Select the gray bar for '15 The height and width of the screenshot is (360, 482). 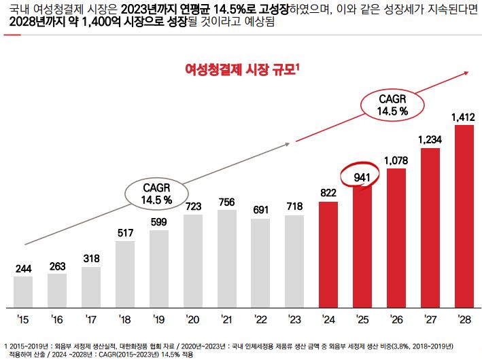(23, 291)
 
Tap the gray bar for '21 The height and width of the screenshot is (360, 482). (226, 258)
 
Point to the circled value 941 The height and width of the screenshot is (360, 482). (362, 178)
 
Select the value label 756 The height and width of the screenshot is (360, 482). (226, 202)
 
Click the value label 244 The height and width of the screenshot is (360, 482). (23, 268)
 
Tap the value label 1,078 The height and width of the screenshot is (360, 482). (396, 160)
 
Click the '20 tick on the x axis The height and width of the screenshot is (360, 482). (192, 319)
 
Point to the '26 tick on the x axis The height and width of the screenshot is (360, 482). (396, 319)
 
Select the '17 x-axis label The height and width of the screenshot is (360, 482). (90, 319)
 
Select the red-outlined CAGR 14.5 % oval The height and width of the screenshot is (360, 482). (392, 105)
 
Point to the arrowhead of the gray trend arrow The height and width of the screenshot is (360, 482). (294, 142)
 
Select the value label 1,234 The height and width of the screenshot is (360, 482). (430, 139)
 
